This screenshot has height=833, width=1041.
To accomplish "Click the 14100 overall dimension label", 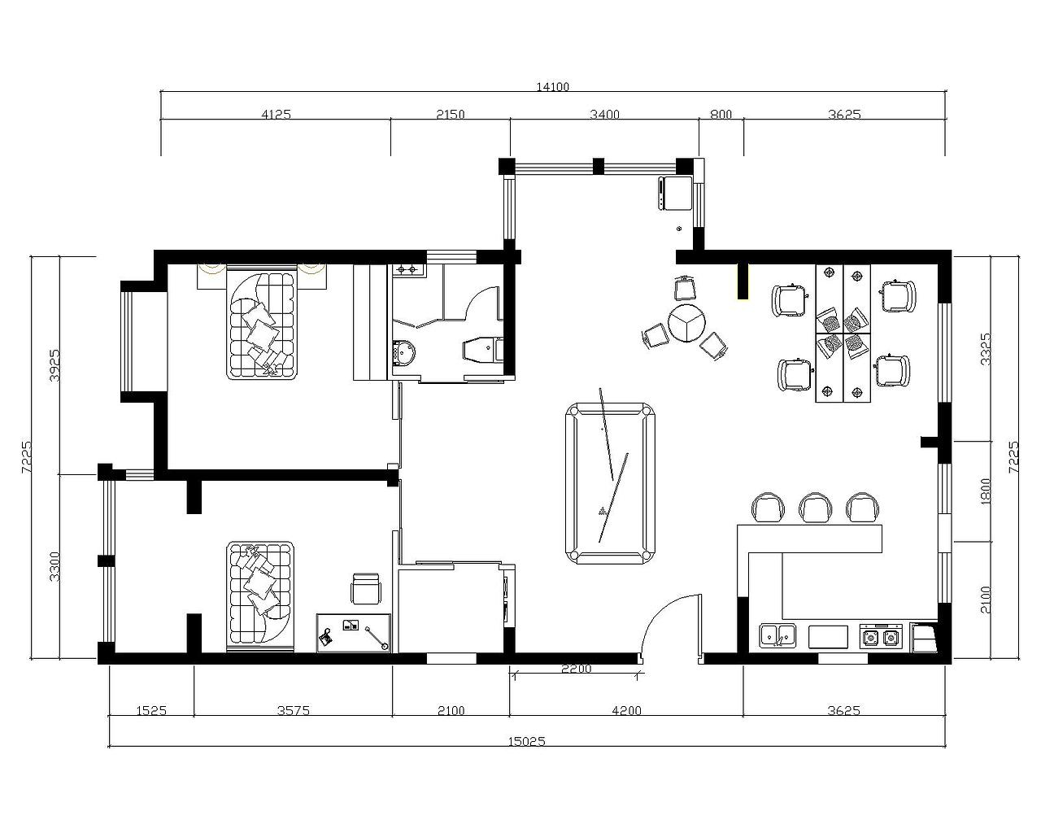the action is tap(552, 87).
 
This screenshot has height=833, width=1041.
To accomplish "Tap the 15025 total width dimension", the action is tap(527, 741).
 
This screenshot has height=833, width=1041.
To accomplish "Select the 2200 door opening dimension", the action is tap(576, 669).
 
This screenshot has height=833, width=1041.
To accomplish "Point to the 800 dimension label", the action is tap(721, 115).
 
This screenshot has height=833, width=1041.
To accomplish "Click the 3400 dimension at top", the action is tap(604, 115).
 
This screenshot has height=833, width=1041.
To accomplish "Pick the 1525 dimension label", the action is tap(151, 710).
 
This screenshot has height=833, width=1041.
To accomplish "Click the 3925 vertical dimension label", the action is tap(54, 365).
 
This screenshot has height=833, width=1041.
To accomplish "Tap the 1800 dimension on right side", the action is tap(986, 492).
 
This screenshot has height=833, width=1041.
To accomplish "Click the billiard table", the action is tap(611, 483).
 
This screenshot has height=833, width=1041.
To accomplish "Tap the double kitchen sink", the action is tap(777, 635).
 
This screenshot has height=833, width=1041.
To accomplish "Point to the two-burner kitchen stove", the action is tap(881, 636).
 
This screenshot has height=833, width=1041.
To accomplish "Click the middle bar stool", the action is tap(815, 508).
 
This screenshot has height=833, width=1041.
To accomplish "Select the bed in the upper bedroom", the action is tap(261, 325).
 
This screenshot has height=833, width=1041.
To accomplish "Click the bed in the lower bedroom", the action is tap(260, 597).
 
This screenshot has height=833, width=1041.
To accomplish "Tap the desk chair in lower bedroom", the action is tap(366, 589).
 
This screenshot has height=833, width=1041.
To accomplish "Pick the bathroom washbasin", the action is tap(404, 352).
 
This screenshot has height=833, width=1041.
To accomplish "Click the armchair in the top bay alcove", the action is tap(675, 193).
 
